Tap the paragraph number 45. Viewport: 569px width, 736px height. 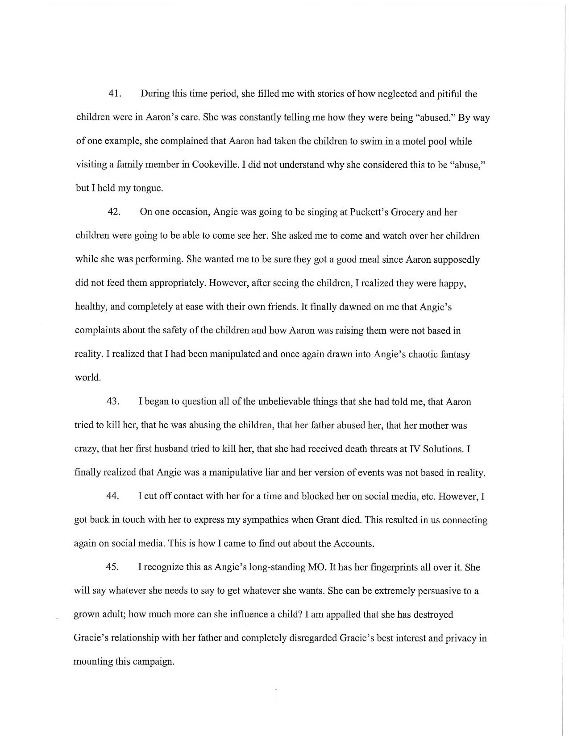pos(112,567)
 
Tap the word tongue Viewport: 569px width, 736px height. pos(147,188)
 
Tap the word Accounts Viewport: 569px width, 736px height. pos(352,544)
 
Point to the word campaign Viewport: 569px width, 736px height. pos(153,662)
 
